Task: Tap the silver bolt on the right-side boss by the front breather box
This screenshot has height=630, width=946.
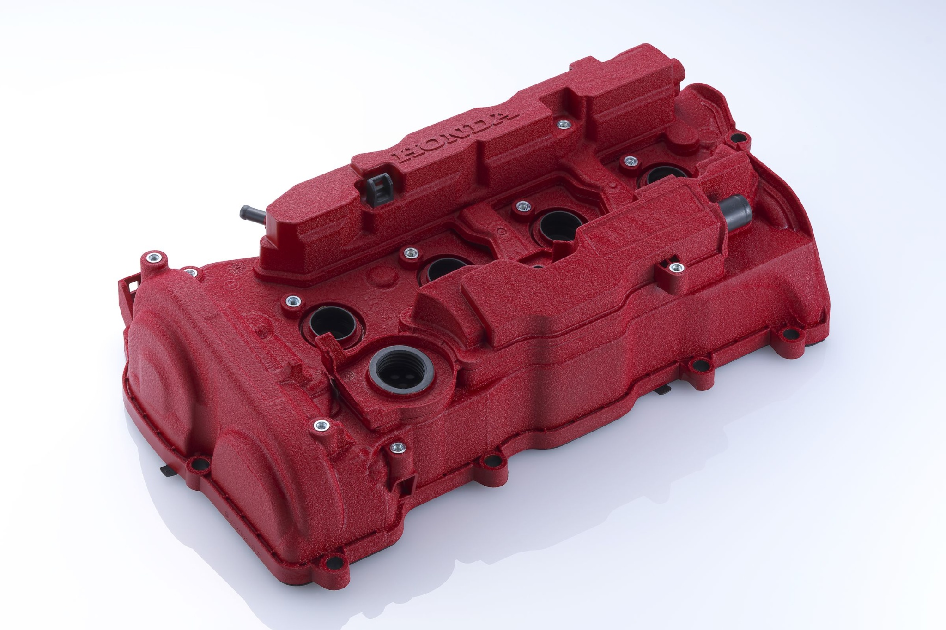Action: pos(675,267)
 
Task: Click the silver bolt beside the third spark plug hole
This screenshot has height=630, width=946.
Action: pos(522,206)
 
